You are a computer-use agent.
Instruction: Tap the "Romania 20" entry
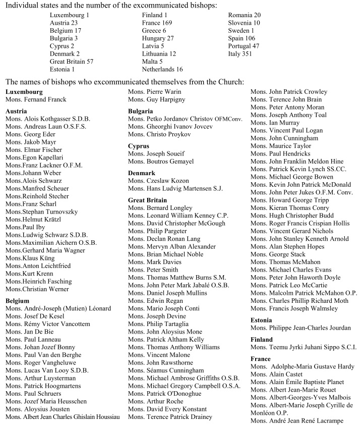245,15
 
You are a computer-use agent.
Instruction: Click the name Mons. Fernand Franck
36,99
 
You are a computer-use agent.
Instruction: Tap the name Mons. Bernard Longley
160,208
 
